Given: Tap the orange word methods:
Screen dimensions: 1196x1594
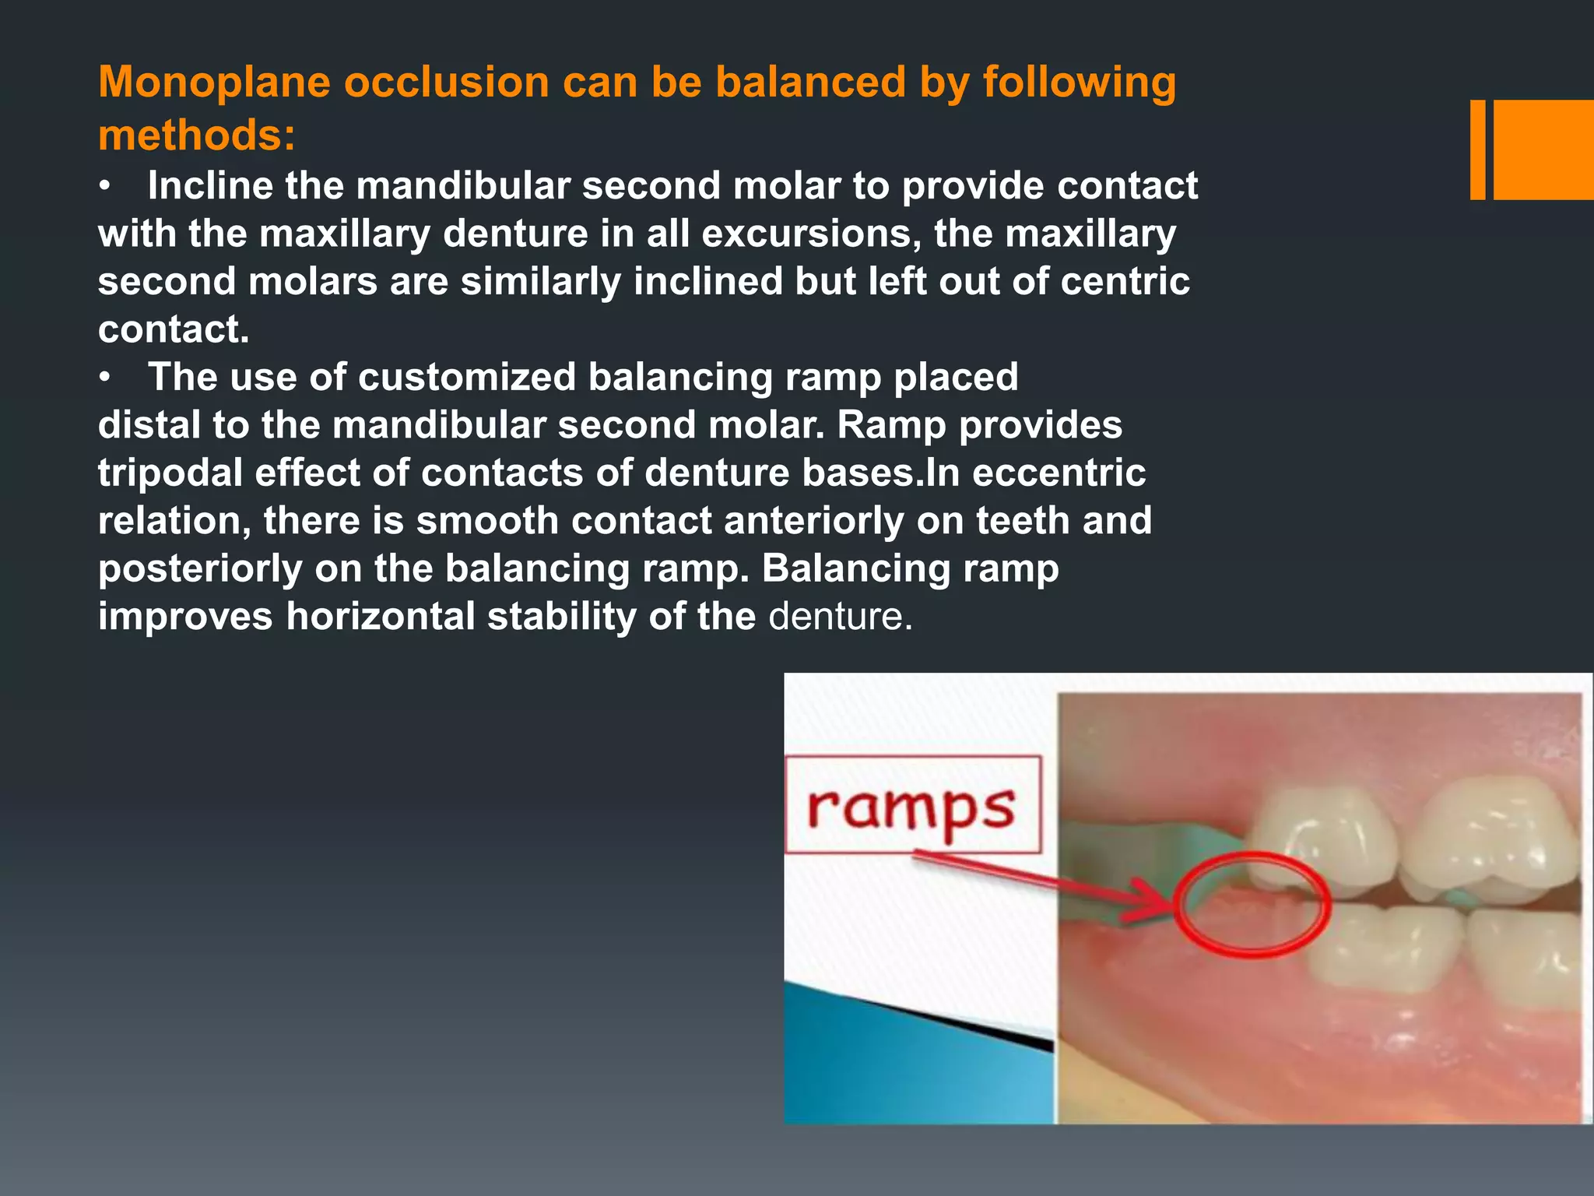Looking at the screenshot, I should pos(197,135).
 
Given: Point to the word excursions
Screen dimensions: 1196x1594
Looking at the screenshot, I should pos(811,234).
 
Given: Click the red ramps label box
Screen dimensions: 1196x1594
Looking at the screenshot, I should pos(912,804).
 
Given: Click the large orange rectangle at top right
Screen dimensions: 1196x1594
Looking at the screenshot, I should pos(1543,149).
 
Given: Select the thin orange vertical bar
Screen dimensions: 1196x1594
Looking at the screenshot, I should pos(1477,149).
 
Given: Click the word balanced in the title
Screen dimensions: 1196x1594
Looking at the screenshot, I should pos(809,82).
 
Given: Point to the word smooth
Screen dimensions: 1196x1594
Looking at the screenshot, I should pos(487,520).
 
